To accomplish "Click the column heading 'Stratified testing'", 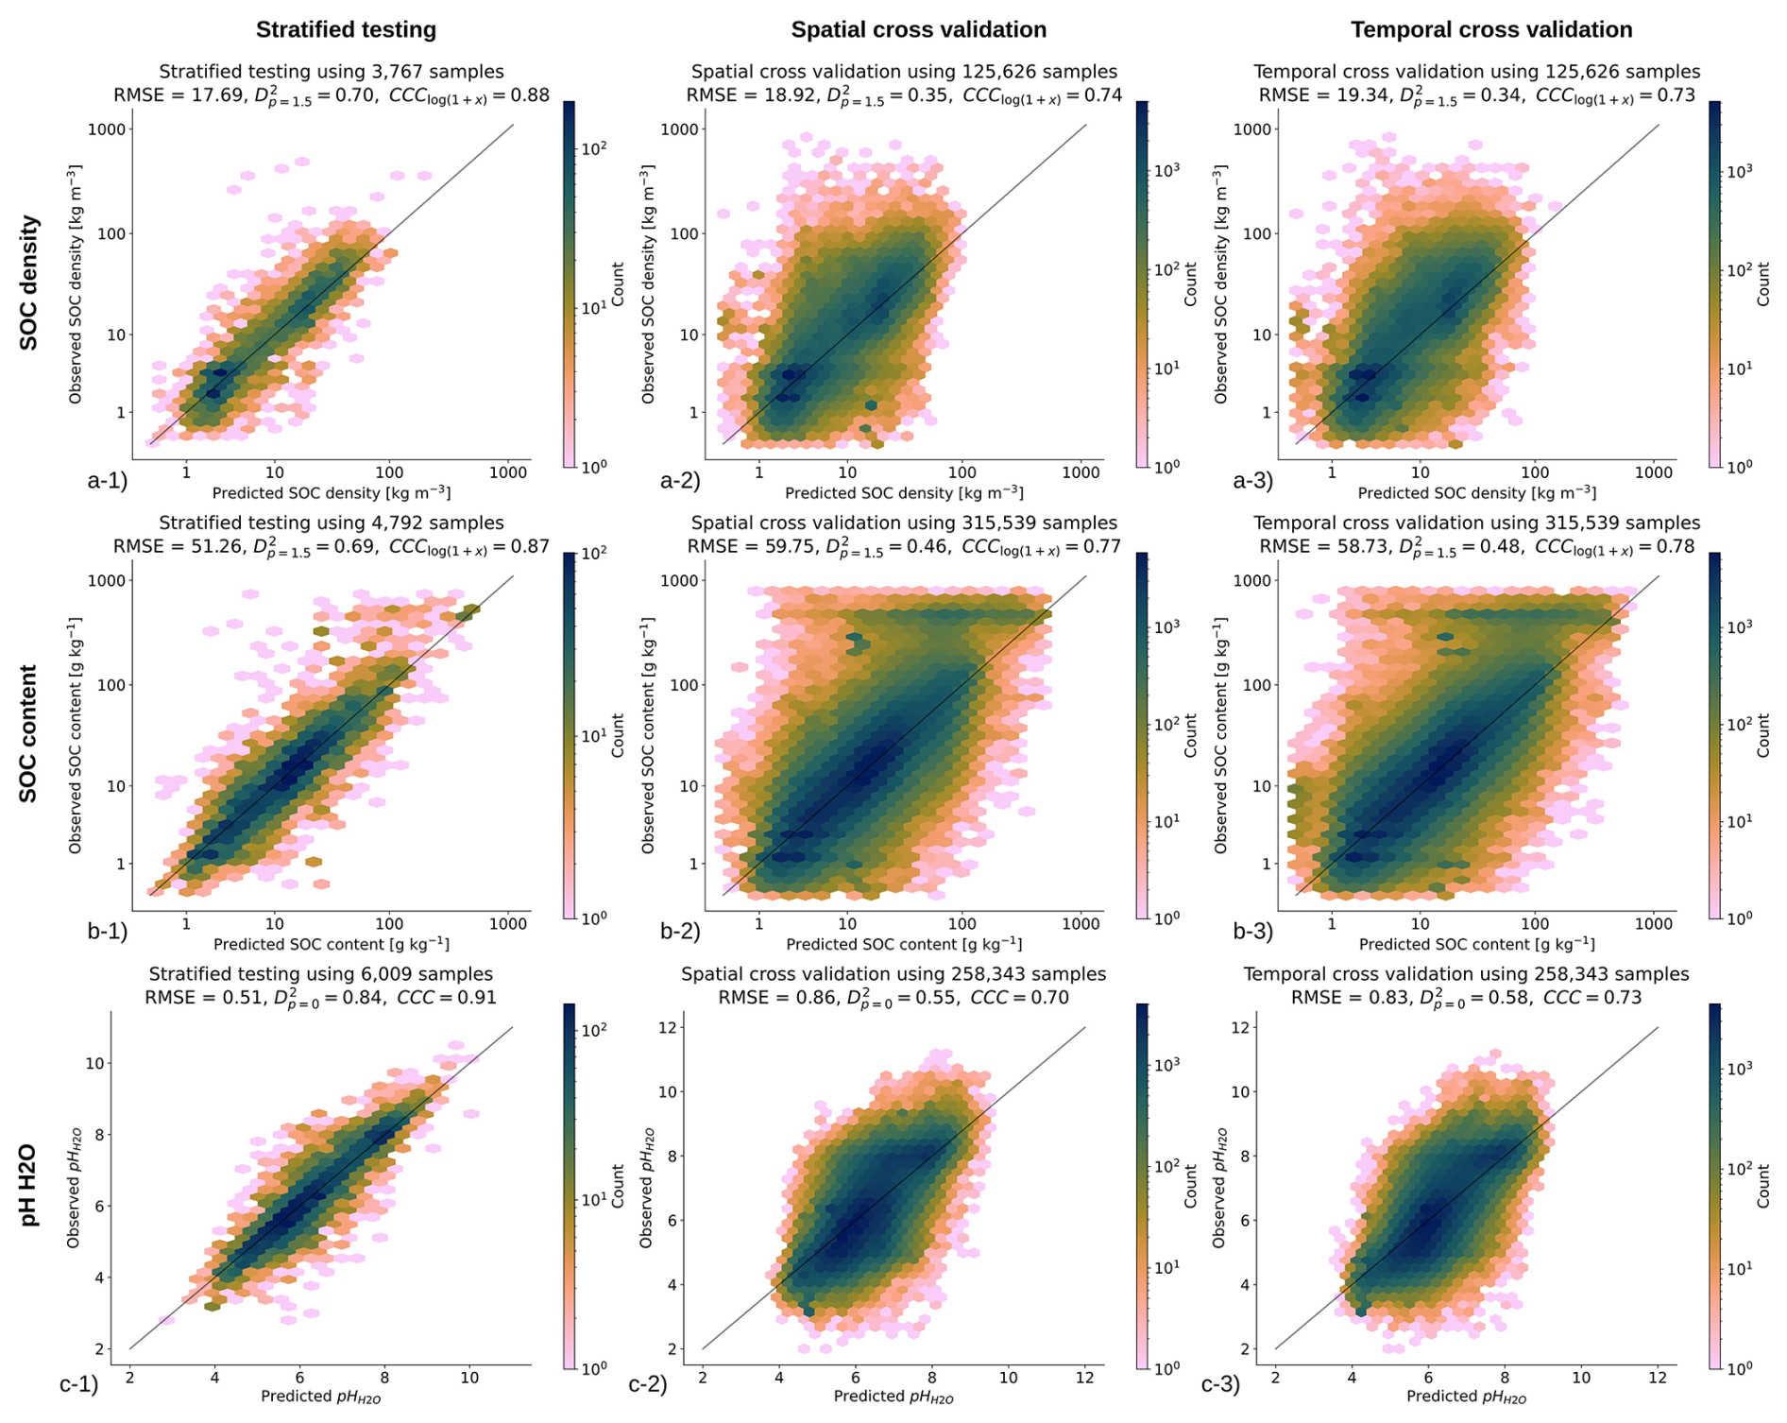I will click(346, 30).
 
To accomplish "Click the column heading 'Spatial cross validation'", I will click(918, 30).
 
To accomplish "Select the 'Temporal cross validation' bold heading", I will click(1490, 30).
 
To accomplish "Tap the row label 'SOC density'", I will click(30, 283).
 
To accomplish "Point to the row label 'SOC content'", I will click(30, 733).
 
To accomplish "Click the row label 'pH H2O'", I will click(30, 1184).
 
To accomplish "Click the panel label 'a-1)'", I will click(107, 480).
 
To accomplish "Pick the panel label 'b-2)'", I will click(680, 932).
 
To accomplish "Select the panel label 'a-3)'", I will click(1253, 480).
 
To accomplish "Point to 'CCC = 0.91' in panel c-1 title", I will click(447, 998).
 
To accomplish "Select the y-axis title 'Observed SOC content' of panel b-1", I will click(76, 736).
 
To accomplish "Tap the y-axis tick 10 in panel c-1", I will click(94, 1063).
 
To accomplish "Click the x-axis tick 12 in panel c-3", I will click(1658, 1378).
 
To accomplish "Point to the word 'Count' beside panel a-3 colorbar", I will click(1762, 284).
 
